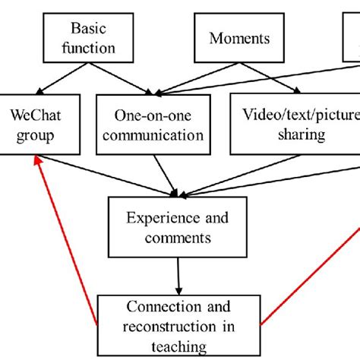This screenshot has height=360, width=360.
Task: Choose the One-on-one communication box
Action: click(159, 125)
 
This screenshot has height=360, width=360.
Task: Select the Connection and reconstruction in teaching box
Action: click(180, 326)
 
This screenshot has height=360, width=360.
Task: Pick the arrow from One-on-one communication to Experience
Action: click(165, 173)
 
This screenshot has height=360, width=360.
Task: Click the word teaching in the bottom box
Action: click(180, 347)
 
